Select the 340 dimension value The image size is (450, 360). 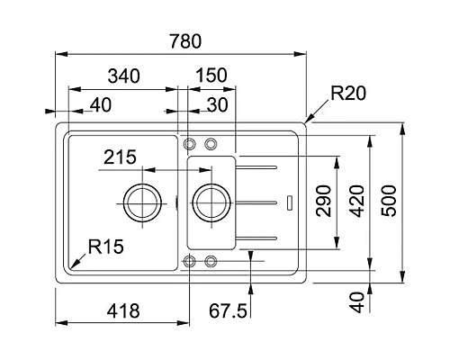[124, 77]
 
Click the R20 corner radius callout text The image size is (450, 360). [346, 92]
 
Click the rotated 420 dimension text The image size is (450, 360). [357, 202]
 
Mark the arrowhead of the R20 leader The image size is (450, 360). [307, 120]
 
